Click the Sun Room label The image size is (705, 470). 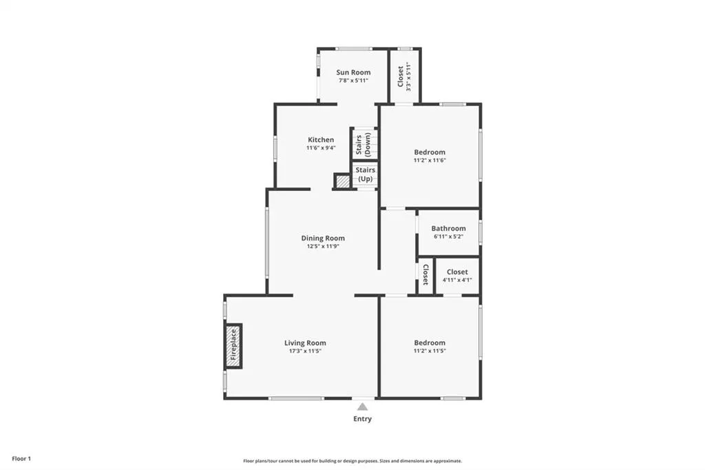point(353,72)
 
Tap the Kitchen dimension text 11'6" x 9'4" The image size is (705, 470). point(321,147)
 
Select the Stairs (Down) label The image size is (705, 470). point(364,144)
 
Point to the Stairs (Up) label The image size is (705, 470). point(365,174)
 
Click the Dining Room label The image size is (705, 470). point(323,238)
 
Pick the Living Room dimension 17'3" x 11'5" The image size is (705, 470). point(305,351)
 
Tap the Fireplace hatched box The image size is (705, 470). point(233,346)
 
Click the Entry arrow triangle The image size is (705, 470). point(362,407)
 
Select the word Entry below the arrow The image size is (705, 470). point(362,419)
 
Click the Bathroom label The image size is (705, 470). point(448,228)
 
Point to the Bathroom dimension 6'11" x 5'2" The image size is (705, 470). point(448,236)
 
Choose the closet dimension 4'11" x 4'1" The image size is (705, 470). point(457,280)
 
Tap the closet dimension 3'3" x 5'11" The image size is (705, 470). point(409,76)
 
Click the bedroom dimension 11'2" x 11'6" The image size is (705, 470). point(430,161)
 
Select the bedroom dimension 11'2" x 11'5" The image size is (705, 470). point(430,351)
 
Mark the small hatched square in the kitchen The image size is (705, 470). point(343,181)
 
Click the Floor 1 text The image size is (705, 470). point(21,459)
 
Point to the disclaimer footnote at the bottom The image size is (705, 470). point(352,461)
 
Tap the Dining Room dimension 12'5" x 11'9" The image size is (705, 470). point(323,246)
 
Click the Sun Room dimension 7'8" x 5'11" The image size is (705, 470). point(353,81)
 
